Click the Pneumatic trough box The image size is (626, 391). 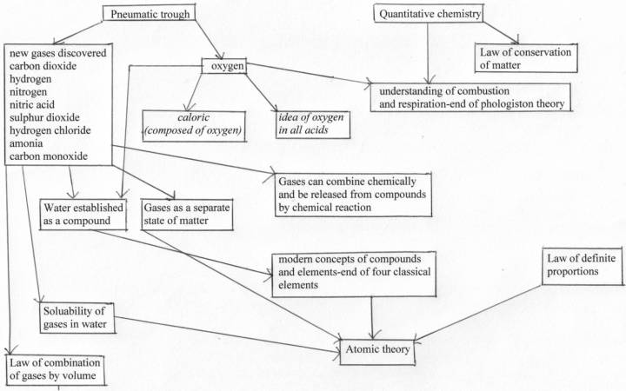[149, 13]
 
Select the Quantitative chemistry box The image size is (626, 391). [429, 14]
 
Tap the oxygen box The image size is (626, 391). [224, 66]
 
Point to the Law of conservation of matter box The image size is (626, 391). [526, 58]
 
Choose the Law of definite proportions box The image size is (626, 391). [582, 266]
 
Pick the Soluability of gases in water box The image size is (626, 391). [77, 318]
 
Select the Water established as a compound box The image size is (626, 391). [83, 215]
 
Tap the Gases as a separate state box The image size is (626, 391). [187, 215]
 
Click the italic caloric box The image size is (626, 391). [194, 126]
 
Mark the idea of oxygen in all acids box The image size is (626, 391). [313, 125]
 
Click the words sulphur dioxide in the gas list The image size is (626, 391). [44, 117]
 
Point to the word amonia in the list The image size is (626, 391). [26, 143]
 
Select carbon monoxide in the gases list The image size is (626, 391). [49, 156]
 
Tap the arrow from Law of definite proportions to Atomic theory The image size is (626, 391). [478, 313]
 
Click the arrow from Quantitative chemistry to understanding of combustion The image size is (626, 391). [428, 53]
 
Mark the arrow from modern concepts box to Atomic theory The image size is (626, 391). [372, 318]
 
